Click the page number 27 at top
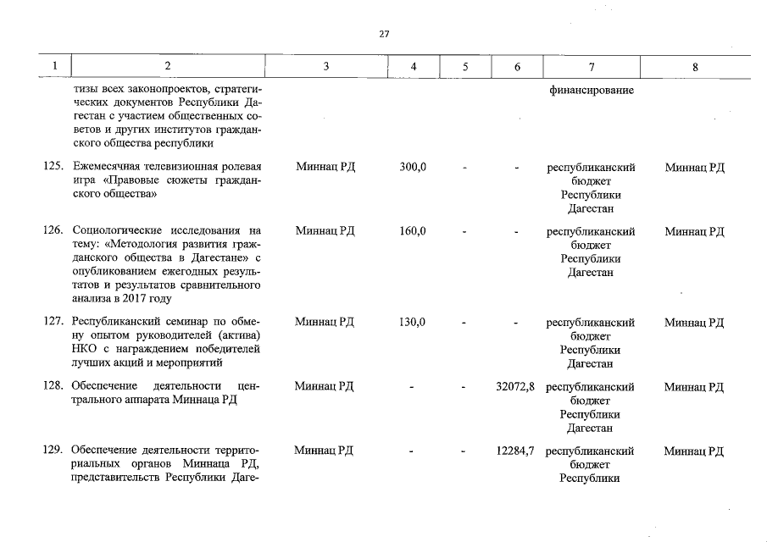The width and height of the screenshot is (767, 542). [x=384, y=34]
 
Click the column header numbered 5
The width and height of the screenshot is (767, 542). [x=465, y=66]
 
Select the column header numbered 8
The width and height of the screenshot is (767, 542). [x=695, y=66]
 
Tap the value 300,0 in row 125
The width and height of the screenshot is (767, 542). [x=413, y=168]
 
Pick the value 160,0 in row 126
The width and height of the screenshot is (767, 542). [x=413, y=231]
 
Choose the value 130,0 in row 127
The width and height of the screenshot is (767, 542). [x=413, y=322]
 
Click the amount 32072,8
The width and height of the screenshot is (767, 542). [x=515, y=387]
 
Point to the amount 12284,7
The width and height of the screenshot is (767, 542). [x=515, y=451]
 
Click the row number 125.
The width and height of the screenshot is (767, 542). [x=53, y=168]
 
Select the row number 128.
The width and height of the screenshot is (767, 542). [x=53, y=387]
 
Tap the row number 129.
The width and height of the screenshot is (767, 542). [x=53, y=451]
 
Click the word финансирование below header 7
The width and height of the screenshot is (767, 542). [x=592, y=90]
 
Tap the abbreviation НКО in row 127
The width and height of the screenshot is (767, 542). [x=85, y=350]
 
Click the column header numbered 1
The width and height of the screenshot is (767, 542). [x=55, y=66]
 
